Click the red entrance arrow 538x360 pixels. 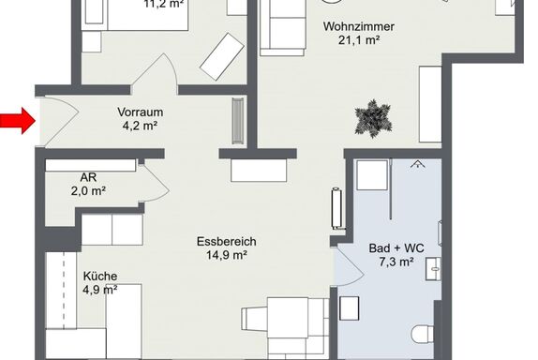tap(18, 120)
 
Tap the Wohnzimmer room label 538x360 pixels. tap(359, 26)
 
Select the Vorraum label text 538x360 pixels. tap(140, 112)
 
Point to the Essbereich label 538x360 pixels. tap(227, 241)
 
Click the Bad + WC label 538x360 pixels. tap(396, 247)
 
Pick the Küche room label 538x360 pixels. tap(100, 276)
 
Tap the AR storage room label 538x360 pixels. tap(88, 177)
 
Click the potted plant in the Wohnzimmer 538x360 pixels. tap(373, 119)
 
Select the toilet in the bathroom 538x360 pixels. tap(423, 334)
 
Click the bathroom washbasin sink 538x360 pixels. tap(433, 269)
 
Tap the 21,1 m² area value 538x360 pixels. tap(359, 40)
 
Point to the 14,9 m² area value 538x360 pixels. tap(227, 255)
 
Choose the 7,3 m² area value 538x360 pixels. tap(396, 262)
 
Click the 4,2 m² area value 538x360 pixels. tap(140, 126)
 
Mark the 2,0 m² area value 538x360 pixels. tap(88, 191)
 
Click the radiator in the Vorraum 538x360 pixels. tap(238, 120)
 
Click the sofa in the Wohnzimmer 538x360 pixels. tap(283, 28)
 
